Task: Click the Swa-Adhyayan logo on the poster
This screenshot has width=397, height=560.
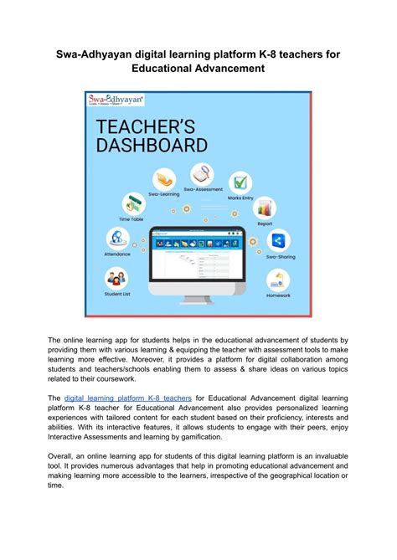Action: [x=116, y=101]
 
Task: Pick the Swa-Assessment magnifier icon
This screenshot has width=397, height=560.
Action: [x=201, y=174]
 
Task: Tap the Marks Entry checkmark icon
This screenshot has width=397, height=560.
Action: [x=240, y=182]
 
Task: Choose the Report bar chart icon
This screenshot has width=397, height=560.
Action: [x=266, y=207]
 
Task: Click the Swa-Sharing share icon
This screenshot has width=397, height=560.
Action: [x=278, y=241]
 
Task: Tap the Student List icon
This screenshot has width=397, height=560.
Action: [x=116, y=278]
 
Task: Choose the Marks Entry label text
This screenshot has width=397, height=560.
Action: [x=240, y=198]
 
